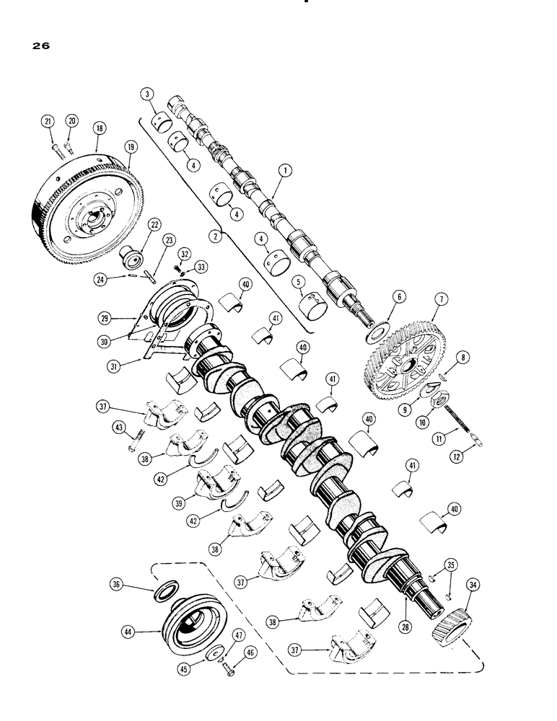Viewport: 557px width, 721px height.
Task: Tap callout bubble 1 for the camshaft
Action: pos(286,171)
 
